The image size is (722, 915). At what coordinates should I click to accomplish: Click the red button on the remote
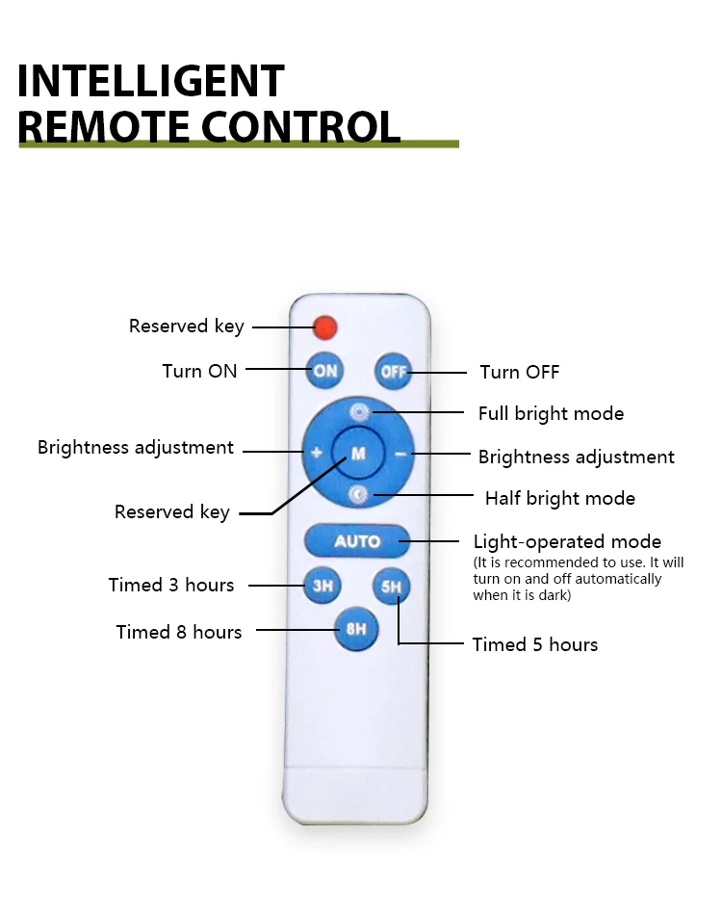point(325,327)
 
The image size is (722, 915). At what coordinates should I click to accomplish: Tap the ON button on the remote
point(325,371)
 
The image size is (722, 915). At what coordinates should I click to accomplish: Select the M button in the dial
point(358,453)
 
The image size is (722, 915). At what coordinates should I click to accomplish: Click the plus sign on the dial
point(316,452)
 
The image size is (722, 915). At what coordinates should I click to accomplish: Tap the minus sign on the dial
point(400,453)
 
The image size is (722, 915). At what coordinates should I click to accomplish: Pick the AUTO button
point(357,541)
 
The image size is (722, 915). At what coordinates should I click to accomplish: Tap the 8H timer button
point(357,630)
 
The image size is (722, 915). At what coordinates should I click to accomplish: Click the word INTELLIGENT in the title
point(151,82)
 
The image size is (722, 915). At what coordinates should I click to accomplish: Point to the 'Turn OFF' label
point(519,373)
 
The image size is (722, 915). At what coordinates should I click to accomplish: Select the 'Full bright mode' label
point(551,414)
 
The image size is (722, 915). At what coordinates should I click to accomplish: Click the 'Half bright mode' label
point(559,499)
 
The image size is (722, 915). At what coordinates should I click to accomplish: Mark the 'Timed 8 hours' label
point(179,632)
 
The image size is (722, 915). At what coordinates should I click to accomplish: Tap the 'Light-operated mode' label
point(567,541)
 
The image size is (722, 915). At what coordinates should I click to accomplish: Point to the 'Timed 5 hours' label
point(534,644)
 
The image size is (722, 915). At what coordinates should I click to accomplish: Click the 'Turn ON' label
point(199,371)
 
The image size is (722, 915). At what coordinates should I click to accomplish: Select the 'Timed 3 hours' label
point(171,586)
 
